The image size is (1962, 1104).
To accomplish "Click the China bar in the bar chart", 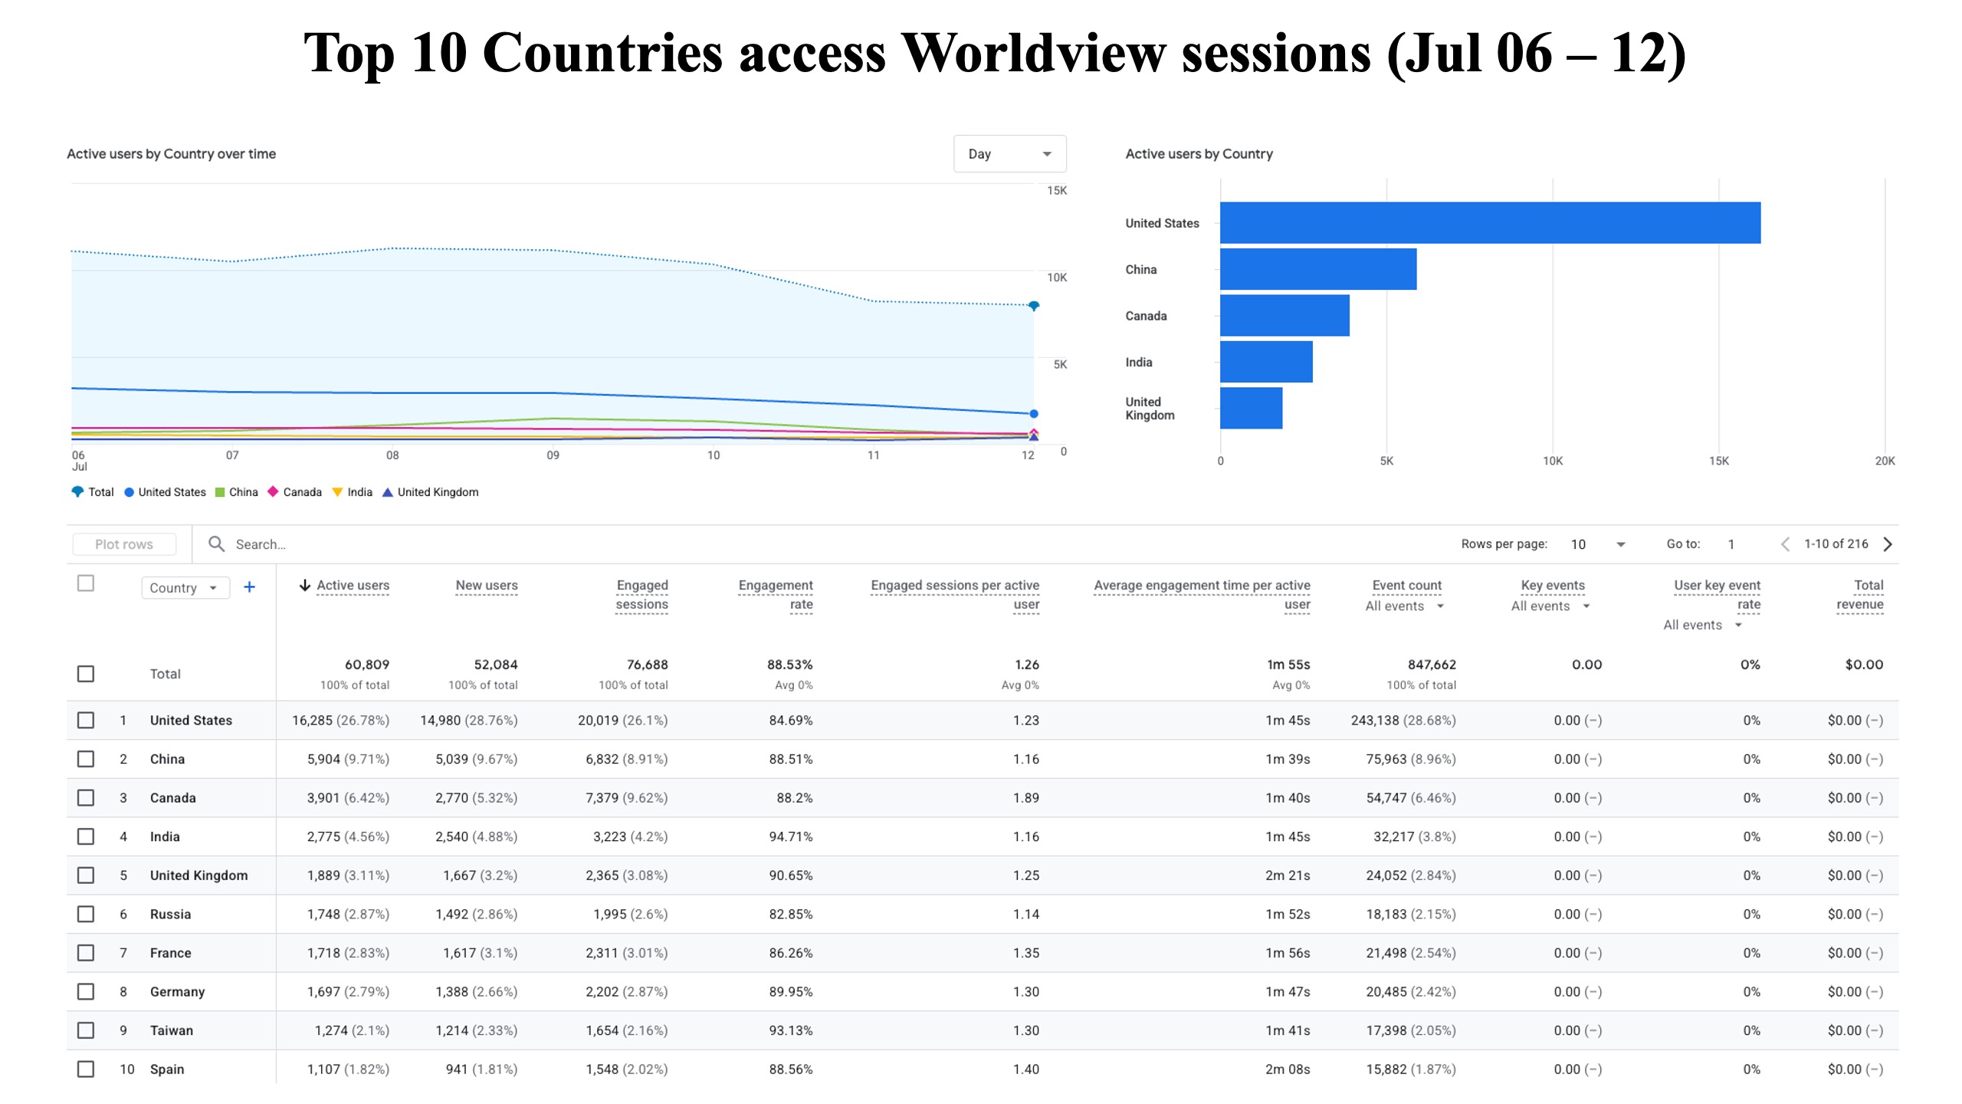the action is (1318, 269).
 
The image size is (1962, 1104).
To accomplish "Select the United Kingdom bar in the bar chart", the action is (1252, 408).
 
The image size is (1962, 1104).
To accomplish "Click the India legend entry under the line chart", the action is (352, 492).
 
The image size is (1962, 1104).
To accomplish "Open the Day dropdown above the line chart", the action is (1010, 154).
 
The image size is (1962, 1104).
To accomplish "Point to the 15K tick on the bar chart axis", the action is (1718, 461).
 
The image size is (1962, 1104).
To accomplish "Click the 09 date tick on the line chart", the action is (553, 455).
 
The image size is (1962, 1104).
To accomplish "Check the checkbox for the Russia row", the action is (86, 914).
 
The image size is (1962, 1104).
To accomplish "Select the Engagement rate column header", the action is (776, 595).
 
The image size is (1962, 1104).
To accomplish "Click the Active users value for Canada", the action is (348, 798).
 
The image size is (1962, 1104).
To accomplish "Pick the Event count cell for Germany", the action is (1411, 992).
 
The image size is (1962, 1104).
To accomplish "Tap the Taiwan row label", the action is (172, 1030).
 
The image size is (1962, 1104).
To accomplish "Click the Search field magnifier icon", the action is (217, 544).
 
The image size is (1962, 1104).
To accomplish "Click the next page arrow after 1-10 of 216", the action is (1888, 544).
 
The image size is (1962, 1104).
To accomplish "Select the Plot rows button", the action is (124, 544).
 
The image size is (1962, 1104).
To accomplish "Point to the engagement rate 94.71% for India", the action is (791, 836).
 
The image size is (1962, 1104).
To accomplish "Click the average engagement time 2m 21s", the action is (1288, 876).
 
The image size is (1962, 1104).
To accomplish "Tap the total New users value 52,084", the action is (496, 665).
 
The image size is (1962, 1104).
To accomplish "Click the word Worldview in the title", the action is (1033, 54).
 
